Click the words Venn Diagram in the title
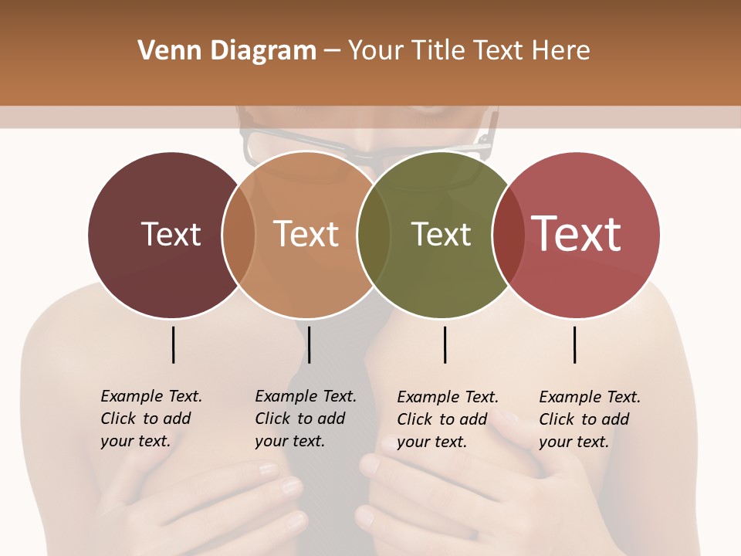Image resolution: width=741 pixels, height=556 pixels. pos(227,51)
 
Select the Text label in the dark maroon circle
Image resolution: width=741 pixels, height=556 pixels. pos(171,234)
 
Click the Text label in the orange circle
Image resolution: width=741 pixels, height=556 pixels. pos(306,234)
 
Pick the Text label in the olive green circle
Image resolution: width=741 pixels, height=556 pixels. pos(441,234)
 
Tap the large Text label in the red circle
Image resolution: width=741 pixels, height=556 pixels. pos(577,233)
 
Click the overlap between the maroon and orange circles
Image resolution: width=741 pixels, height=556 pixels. pos(239,235)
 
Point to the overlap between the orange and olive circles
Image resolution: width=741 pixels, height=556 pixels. pos(374,235)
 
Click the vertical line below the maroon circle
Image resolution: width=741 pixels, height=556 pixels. pos(173,344)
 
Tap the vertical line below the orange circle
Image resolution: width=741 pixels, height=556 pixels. pos(309,344)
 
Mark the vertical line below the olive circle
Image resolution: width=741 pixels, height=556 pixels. pos(445,344)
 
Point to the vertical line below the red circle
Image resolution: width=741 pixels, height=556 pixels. pos(575,344)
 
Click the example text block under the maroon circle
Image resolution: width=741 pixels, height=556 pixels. pos(151,419)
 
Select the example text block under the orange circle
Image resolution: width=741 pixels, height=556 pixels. pos(306,419)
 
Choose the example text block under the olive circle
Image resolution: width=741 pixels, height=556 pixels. pos(448,419)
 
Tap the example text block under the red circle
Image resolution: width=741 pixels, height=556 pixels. pos(590,419)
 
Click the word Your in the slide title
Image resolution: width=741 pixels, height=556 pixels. pos(377,51)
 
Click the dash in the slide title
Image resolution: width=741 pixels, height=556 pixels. pos(332,51)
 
